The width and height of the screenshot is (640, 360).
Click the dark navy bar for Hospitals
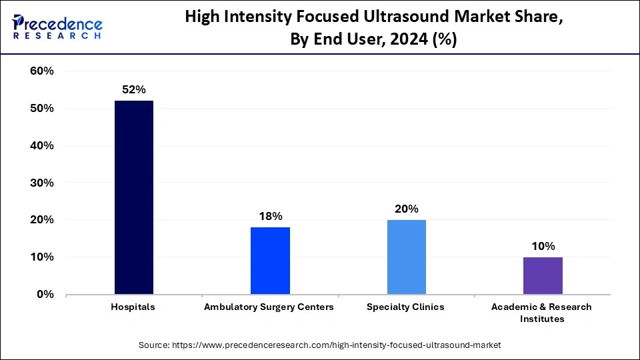click(x=134, y=197)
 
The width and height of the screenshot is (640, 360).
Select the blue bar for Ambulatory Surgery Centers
click(x=270, y=261)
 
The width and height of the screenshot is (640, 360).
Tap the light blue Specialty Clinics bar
click(x=406, y=257)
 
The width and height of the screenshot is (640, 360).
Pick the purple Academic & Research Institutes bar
click(x=543, y=275)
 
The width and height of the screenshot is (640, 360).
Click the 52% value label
click(x=133, y=90)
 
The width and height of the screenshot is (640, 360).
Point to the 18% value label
click(x=270, y=216)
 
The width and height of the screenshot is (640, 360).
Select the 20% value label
click(x=406, y=209)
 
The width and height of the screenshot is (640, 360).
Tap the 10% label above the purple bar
click(x=543, y=246)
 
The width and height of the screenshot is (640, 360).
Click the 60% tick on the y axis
click(x=42, y=71)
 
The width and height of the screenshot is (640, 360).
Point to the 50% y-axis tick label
click(x=42, y=109)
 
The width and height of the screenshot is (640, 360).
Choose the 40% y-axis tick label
click(x=42, y=145)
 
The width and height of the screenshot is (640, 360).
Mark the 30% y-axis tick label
click(x=42, y=183)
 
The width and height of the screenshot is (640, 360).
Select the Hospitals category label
click(x=133, y=307)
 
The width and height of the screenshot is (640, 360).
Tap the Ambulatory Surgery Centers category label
click(x=269, y=307)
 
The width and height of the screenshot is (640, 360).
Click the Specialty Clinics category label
click(x=405, y=307)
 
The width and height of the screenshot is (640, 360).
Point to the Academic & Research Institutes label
click(x=541, y=313)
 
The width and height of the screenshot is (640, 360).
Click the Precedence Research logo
click(x=57, y=27)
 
